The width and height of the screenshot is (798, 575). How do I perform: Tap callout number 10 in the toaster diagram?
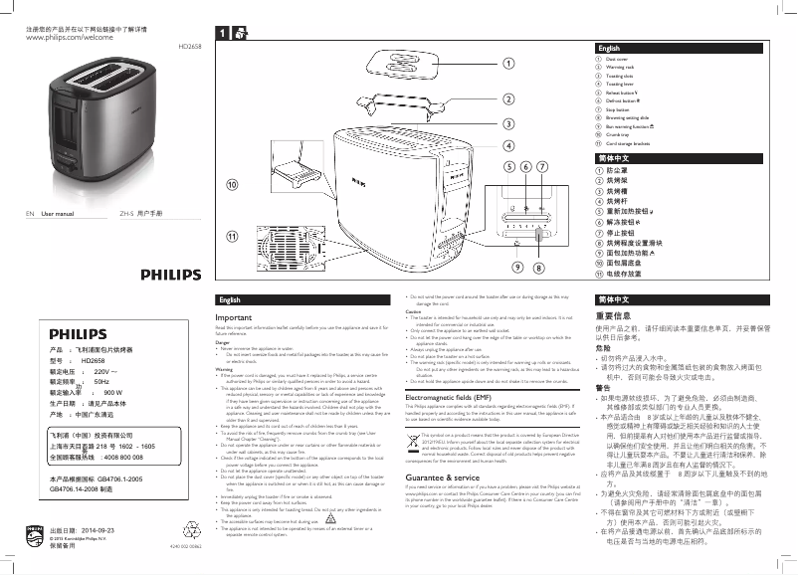click(233, 185)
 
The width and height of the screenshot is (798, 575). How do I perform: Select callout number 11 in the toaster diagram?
click(233, 236)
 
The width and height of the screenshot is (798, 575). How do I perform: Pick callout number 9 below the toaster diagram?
click(518, 268)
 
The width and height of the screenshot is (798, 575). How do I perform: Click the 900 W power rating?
click(111, 393)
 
